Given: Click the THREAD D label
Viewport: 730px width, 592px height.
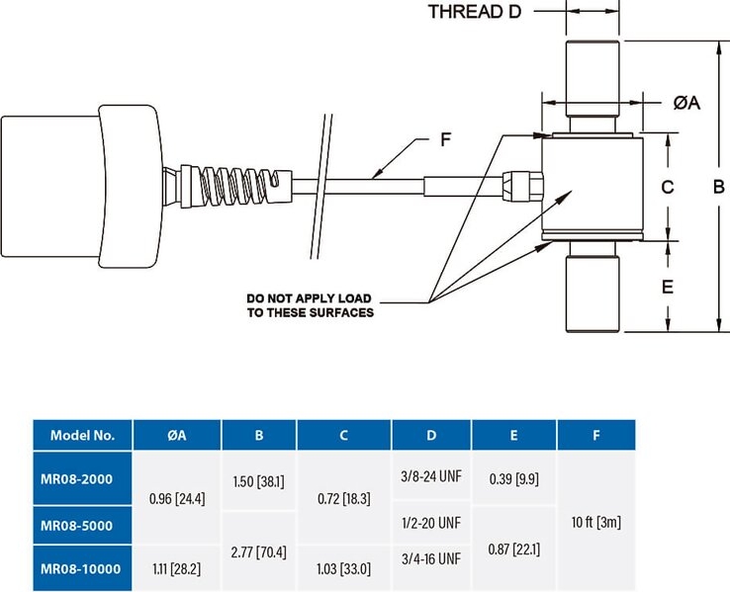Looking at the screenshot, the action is point(475,12).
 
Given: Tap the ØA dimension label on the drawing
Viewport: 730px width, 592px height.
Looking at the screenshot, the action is point(686,103).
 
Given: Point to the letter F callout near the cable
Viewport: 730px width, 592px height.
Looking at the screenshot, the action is point(445,139).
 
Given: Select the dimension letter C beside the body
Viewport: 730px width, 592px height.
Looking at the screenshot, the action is point(667,187).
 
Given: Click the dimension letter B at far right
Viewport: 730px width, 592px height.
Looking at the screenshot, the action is point(718,187).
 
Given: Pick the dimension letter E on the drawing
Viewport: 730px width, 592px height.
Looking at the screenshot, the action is point(667,287).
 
